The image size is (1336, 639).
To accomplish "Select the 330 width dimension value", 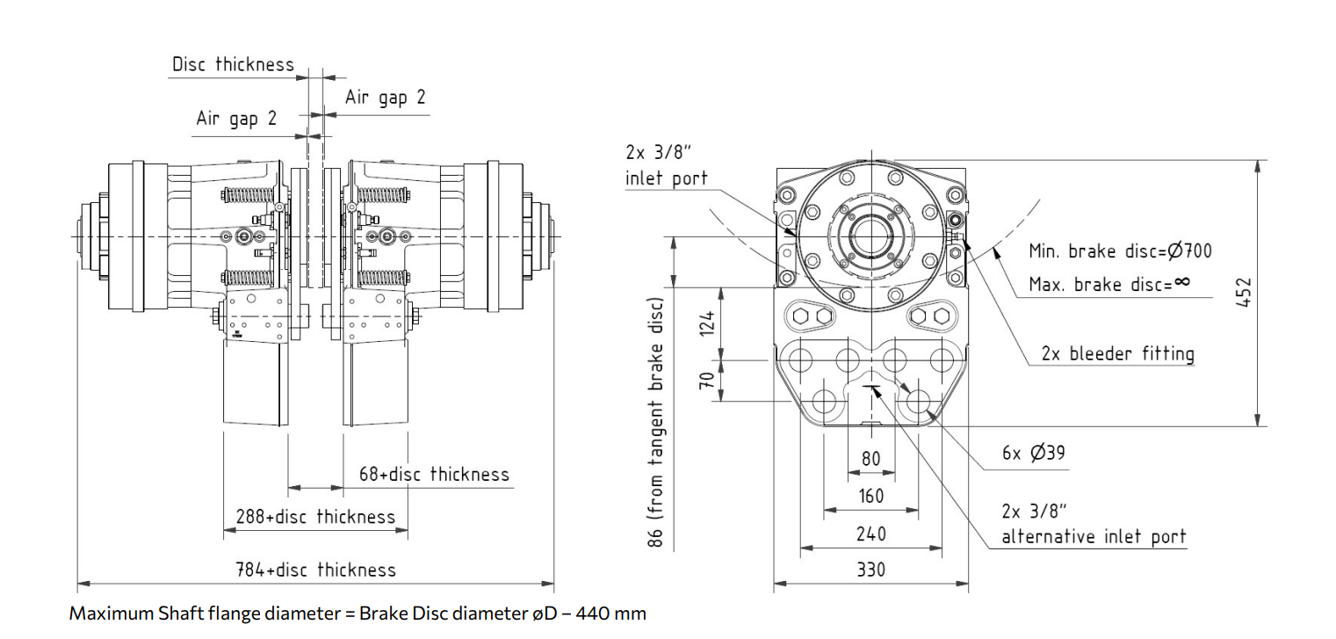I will (x=870, y=570).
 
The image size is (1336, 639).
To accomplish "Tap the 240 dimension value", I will (x=870, y=534).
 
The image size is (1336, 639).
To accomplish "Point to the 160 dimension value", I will (x=870, y=496).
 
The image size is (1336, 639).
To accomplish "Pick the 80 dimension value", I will (x=870, y=459).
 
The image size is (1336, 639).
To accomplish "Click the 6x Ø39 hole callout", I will (x=1034, y=454).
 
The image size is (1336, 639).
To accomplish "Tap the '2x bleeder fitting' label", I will (x=1117, y=353).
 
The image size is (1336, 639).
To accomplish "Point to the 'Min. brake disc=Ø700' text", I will (x=1120, y=251).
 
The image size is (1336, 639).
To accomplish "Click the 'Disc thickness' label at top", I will (x=233, y=64).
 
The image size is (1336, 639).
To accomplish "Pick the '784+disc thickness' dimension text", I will (x=316, y=570).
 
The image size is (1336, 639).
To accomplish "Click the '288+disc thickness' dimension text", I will (x=315, y=517).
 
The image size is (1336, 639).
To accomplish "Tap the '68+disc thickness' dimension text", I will (x=434, y=475).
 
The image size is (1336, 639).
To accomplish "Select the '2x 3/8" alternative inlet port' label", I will (x=1094, y=524).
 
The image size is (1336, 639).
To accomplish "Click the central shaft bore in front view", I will (x=870, y=237).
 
